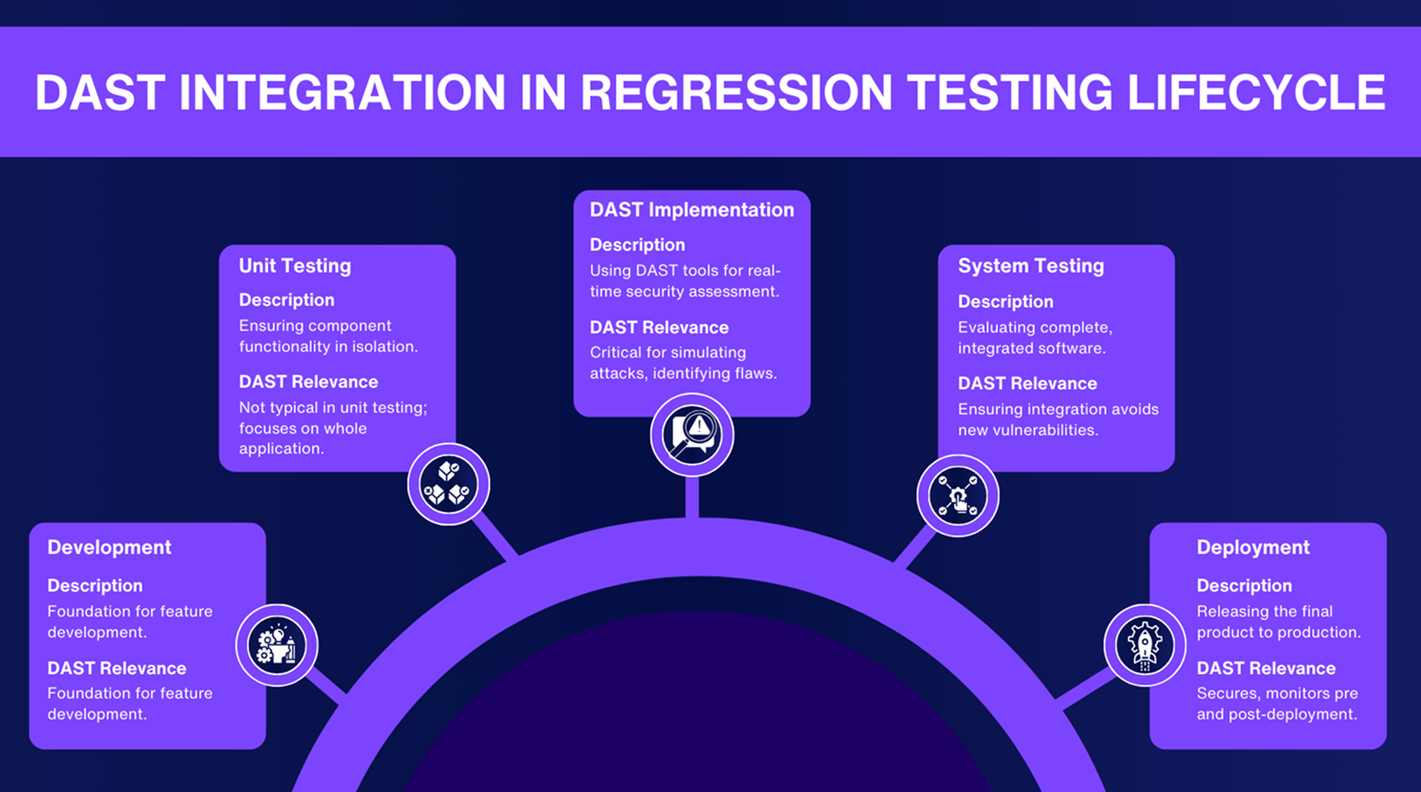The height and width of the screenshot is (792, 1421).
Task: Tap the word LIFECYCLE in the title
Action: click(1256, 93)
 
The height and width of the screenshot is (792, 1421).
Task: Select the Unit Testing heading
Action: click(295, 266)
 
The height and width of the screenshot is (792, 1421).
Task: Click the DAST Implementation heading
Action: click(691, 210)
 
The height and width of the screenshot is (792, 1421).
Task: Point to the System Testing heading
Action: click(1030, 266)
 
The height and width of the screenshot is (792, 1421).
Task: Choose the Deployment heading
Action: click(1252, 547)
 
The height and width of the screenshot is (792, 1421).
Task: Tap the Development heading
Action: click(109, 547)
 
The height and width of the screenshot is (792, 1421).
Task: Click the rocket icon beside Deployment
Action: click(1145, 645)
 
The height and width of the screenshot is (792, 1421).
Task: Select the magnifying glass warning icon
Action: click(691, 434)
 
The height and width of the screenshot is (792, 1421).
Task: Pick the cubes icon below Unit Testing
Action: click(448, 485)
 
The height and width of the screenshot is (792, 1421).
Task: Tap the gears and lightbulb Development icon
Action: click(276, 645)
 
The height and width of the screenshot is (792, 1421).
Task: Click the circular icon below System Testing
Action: click(958, 495)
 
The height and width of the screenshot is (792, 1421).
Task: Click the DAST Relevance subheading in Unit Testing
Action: click(308, 382)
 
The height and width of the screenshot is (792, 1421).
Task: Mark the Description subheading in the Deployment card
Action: click(1243, 586)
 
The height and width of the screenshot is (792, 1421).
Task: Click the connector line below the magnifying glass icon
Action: click(691, 499)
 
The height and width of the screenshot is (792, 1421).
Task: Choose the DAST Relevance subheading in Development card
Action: click(116, 668)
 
